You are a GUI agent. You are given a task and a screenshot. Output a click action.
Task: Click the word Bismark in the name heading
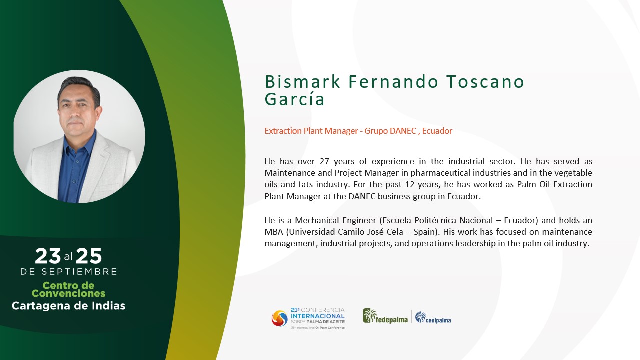tap(303, 81)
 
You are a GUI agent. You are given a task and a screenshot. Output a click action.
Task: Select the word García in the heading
tap(295, 99)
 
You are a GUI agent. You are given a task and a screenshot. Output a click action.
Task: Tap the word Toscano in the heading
tap(485, 81)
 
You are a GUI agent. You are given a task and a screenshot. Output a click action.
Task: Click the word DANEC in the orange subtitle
tap(403, 131)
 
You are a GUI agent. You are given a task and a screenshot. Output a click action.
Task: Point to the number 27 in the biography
tap(324, 161)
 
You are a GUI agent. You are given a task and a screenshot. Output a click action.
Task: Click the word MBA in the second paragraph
tap(273, 232)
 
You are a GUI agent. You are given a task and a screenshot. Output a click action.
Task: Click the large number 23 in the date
tap(48, 256)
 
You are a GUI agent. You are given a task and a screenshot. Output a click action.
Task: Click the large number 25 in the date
tap(89, 256)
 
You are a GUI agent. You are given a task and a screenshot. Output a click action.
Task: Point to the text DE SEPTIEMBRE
tap(69, 271)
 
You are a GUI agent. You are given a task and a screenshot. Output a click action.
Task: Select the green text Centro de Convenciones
tap(68, 289)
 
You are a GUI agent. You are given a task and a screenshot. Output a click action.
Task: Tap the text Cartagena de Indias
tap(68, 306)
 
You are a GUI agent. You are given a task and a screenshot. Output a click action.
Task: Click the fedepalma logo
tap(385, 316)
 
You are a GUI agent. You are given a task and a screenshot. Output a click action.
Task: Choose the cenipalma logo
tap(433, 317)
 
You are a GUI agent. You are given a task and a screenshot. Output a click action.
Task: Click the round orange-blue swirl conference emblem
tap(279, 318)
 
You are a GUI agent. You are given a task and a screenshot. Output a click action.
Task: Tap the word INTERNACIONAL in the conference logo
tap(317, 316)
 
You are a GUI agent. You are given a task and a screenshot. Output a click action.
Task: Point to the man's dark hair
tap(78, 87)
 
